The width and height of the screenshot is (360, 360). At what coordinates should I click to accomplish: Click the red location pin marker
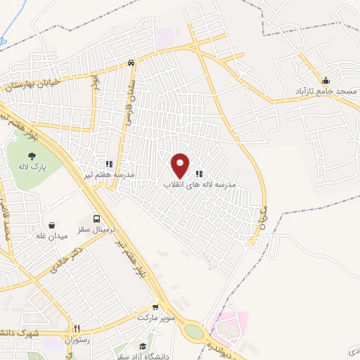coord(181,165)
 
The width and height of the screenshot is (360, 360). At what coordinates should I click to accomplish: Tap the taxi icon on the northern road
coord(131,63)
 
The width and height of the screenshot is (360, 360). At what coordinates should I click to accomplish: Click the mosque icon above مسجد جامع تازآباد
coord(325,79)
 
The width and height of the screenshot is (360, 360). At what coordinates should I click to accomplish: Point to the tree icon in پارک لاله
coord(31,153)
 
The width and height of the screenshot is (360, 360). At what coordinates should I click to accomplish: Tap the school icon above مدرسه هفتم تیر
coord(108,163)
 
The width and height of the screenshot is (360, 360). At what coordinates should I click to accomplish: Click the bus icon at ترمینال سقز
coord(97,219)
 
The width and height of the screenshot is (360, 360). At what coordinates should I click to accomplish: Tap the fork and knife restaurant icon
coord(78,328)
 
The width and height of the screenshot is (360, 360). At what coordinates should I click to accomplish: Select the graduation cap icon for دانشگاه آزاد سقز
coord(143,345)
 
